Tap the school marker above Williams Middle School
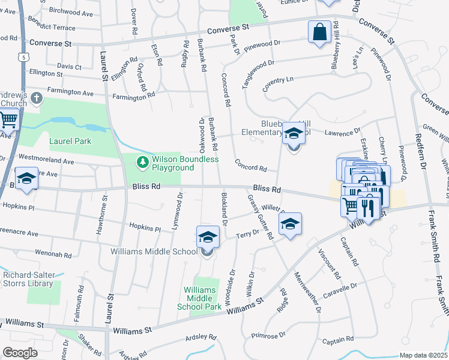coord(208,237)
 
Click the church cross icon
coord(37,97)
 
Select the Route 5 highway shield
coord(23,57)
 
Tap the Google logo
coord(20,352)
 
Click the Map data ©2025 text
coord(423,355)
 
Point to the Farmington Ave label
coord(71,93)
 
